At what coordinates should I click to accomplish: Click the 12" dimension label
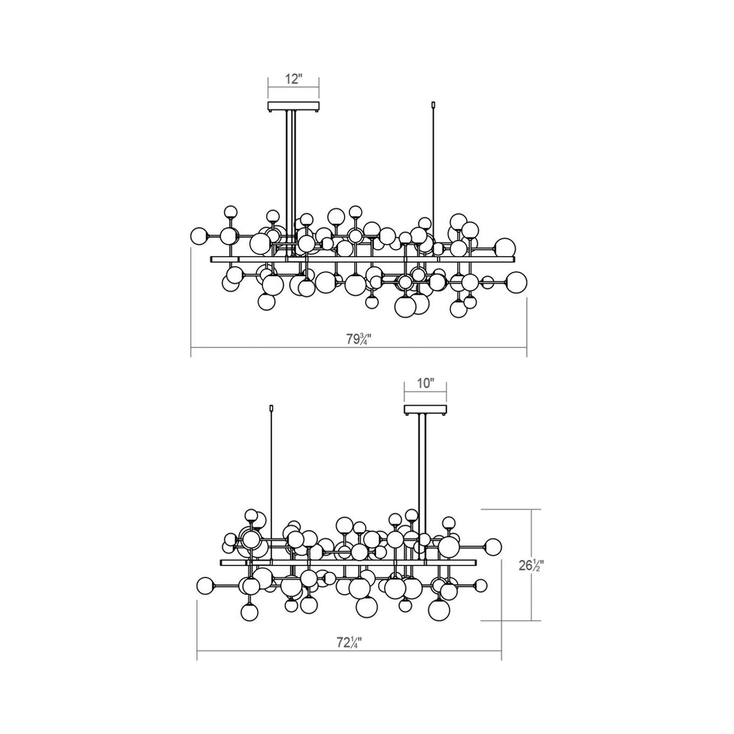(293, 80)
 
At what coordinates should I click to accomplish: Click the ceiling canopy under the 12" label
(293, 106)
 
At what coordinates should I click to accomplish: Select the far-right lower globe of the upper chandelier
(517, 282)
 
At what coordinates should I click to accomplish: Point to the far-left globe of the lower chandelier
(206, 594)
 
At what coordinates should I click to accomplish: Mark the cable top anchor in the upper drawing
(434, 104)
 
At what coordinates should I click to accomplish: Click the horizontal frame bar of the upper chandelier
(380, 259)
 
